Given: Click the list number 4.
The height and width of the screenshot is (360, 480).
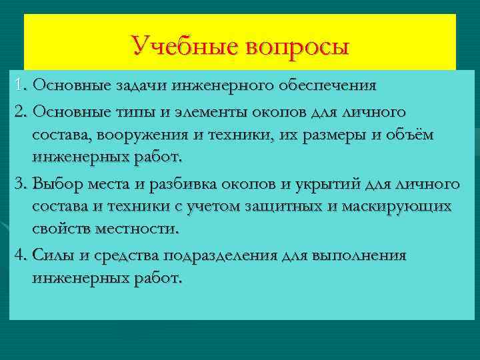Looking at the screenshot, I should pyautogui.click(x=19, y=255).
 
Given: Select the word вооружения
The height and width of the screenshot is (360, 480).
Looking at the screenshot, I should pyautogui.click(x=144, y=135).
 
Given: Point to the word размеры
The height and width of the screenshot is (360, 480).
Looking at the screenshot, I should pyautogui.click(x=335, y=135).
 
